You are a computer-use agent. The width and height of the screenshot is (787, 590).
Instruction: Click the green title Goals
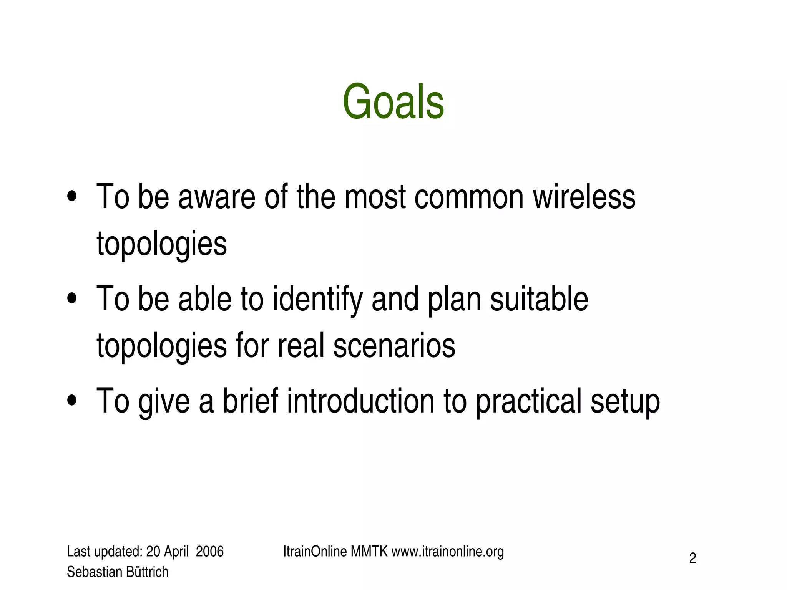point(393,102)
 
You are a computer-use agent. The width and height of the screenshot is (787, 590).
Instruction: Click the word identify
point(317,300)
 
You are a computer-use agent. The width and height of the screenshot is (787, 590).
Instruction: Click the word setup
point(625,401)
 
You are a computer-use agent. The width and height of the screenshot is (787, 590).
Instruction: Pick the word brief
point(250,401)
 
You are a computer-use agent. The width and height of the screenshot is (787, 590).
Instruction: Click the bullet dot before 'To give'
point(72,401)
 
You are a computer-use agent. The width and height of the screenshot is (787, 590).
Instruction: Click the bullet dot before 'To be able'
point(72,298)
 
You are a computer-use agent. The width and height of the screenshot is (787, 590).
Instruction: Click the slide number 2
point(692,558)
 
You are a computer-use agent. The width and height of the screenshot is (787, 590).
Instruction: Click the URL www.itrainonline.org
point(447,552)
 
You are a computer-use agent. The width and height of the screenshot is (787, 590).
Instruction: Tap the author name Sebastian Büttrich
point(118,572)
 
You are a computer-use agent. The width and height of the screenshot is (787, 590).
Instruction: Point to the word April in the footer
point(176,552)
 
